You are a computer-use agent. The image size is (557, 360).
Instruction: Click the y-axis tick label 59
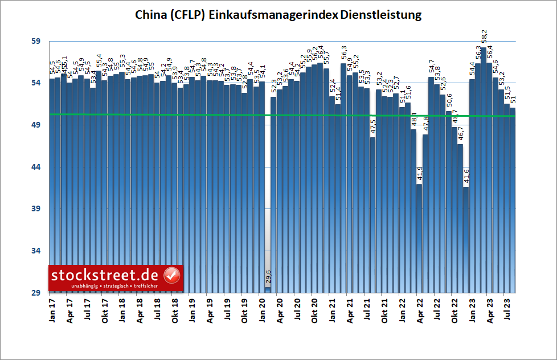(x=36, y=42)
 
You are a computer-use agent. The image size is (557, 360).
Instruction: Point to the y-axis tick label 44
(x=36, y=167)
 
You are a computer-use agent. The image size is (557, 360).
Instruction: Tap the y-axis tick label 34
(x=36, y=251)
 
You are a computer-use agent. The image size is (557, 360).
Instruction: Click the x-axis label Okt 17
(x=104, y=311)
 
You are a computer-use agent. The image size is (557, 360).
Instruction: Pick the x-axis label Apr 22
(x=420, y=310)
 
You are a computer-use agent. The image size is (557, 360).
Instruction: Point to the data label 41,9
(x=420, y=174)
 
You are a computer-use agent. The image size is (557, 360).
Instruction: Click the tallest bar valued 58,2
(x=483, y=171)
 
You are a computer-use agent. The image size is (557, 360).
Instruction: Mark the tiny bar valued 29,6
(x=268, y=290)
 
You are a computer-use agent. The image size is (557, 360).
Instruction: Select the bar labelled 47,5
(x=373, y=216)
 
